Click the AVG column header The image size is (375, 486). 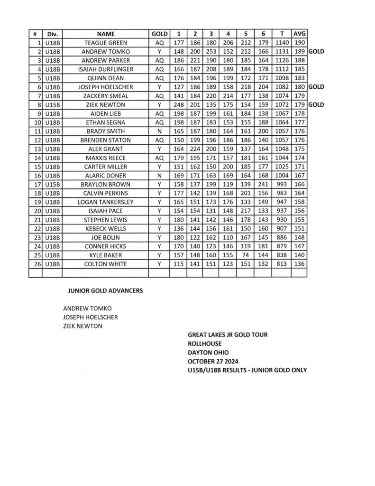pos(299,34)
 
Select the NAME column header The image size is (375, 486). pos(105,34)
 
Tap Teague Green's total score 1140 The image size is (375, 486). pos(282,43)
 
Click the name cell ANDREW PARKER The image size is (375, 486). pos(105,60)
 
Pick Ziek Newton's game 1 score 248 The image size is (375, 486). pos(178,104)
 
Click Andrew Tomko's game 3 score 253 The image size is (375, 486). pos(211,51)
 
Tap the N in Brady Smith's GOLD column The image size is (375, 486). pos(159,131)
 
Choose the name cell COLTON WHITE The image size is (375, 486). pos(105,264)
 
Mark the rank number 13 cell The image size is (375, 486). pos(36,149)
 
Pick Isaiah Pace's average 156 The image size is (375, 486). pos(299,211)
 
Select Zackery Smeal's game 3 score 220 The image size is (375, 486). pos(211,96)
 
